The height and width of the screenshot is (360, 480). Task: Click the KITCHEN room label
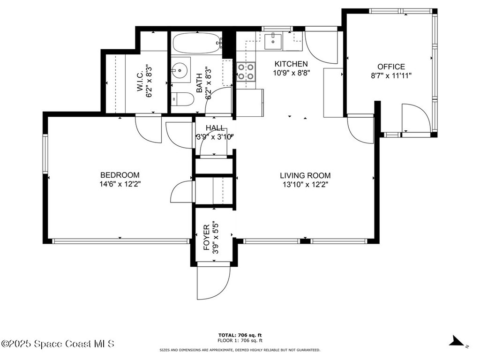coord(291,64)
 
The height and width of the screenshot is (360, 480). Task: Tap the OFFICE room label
coord(391,67)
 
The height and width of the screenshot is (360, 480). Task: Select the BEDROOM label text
coord(120,175)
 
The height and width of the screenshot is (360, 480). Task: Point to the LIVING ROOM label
coord(305,176)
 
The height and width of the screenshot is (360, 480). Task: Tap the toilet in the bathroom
coord(183,99)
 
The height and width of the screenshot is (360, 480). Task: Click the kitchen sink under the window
coord(272,41)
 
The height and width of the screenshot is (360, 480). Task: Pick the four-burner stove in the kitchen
coord(246,72)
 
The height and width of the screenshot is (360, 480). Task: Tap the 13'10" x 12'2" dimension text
coord(305,185)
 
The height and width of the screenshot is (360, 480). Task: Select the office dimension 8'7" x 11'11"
coord(391,75)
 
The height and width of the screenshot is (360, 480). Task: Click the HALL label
coord(215,128)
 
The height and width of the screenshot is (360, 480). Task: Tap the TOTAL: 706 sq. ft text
coord(240,335)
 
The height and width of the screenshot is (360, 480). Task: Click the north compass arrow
coord(457,341)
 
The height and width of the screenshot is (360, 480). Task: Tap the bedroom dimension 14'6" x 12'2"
coord(120,184)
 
